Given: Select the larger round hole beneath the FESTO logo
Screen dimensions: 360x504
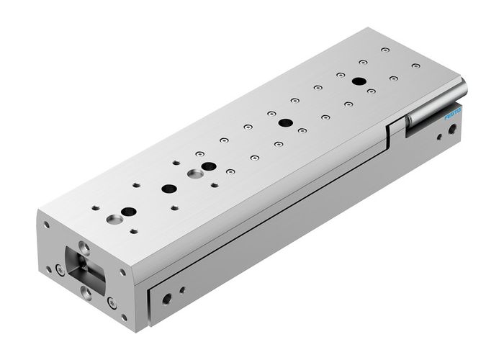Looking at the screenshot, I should [x=451, y=130].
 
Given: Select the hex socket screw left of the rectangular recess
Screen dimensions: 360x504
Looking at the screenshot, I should [x=58, y=270].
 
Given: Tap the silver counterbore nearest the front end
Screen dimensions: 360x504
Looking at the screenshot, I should [x=112, y=217].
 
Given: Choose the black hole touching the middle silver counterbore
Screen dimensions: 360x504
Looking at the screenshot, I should [x=209, y=167].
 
